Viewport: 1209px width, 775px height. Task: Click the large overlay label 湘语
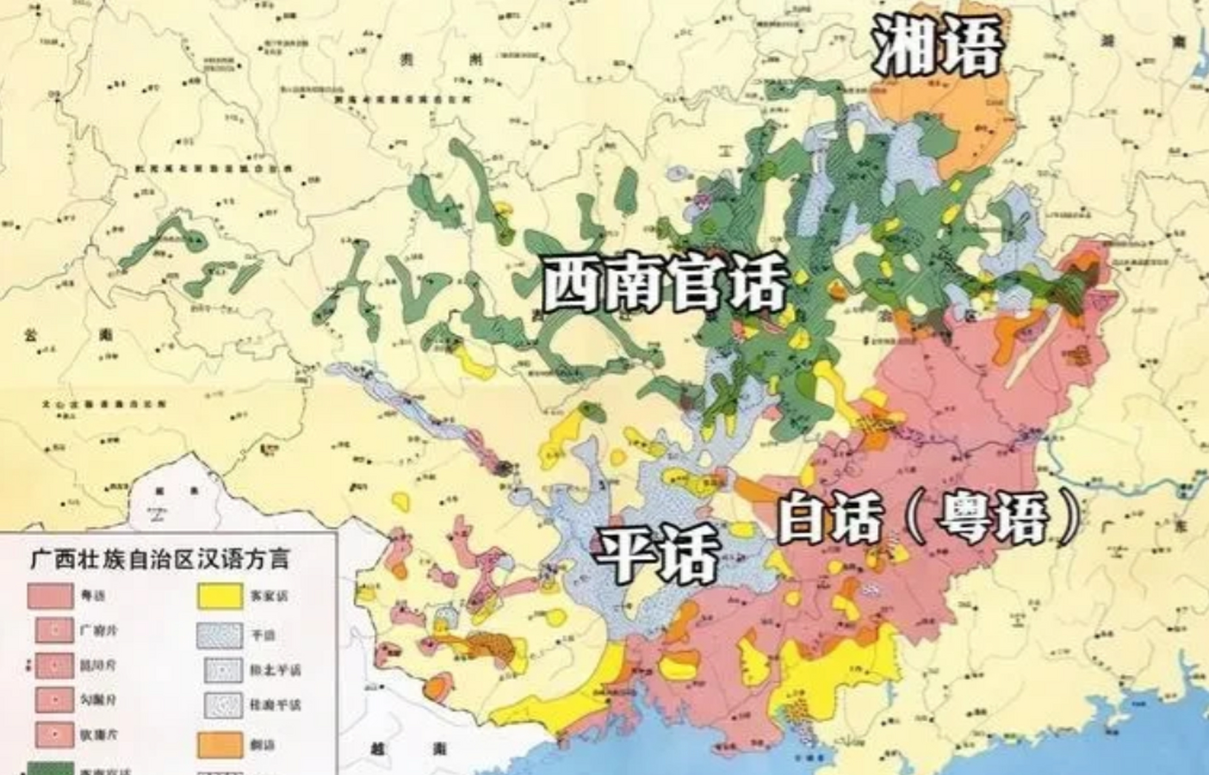pyautogui.click(x=935, y=45)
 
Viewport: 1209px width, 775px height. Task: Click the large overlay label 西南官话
pyautogui.click(x=665, y=283)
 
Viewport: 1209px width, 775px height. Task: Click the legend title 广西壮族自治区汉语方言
pyautogui.click(x=160, y=558)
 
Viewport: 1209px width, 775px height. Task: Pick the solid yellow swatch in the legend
pyautogui.click(x=220, y=596)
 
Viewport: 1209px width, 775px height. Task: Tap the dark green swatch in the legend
pyautogui.click(x=51, y=769)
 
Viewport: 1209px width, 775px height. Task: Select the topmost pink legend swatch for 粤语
pyautogui.click(x=51, y=596)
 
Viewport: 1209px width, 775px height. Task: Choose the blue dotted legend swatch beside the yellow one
pyautogui.click(x=220, y=635)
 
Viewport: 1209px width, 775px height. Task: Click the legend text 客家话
pyautogui.click(x=269, y=597)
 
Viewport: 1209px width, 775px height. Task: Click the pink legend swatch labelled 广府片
pyautogui.click(x=54, y=630)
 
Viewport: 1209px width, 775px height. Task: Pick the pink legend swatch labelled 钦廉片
pyautogui.click(x=54, y=734)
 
